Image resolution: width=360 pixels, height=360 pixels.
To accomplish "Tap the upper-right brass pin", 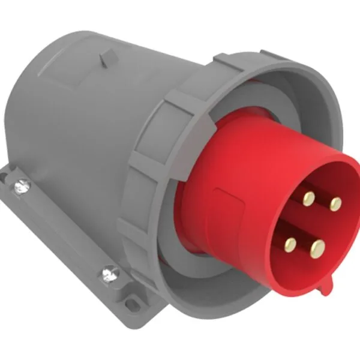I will pos(335,205).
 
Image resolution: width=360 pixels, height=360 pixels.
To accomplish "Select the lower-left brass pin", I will pos(292,243).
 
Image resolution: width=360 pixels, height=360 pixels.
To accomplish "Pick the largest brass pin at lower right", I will pos(318,247).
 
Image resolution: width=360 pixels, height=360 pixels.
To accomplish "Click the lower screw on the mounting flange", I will pos(109,275).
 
